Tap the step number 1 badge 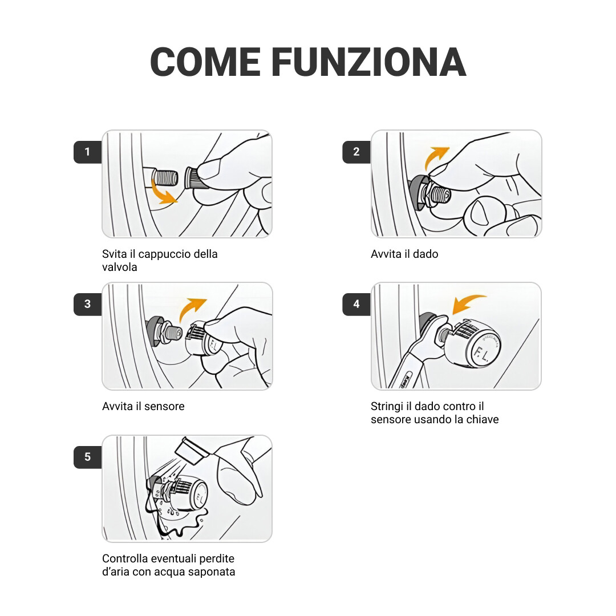[87, 152]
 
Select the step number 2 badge [356, 152]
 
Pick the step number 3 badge [87, 304]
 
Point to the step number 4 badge [356, 304]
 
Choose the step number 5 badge [87, 457]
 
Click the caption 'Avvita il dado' [404, 254]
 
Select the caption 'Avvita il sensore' [143, 406]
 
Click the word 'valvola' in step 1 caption [120, 267]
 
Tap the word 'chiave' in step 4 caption [482, 419]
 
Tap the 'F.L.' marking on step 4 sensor [481, 355]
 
